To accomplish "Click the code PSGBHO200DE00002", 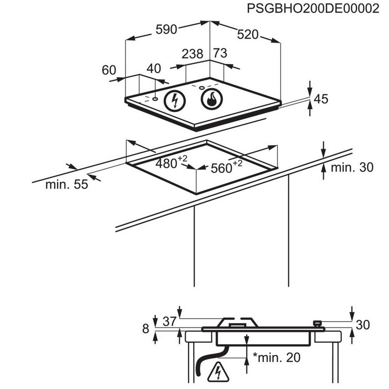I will (313, 9).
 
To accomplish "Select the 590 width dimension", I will (166, 30).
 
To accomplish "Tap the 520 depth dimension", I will (248, 35).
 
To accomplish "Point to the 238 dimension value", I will (193, 54).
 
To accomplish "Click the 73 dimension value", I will (220, 53).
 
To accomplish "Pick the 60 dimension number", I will (109, 70).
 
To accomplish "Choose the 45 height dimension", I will (321, 99).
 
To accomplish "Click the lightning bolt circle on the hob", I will (175, 101).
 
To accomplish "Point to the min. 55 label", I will (67, 184).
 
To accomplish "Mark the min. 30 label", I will (352, 167).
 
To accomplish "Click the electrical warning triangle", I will (218, 373).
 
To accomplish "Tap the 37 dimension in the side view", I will (169, 321).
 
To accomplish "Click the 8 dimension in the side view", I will (145, 329).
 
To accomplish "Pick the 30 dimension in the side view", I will (363, 324).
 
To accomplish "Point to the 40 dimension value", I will (154, 68).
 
